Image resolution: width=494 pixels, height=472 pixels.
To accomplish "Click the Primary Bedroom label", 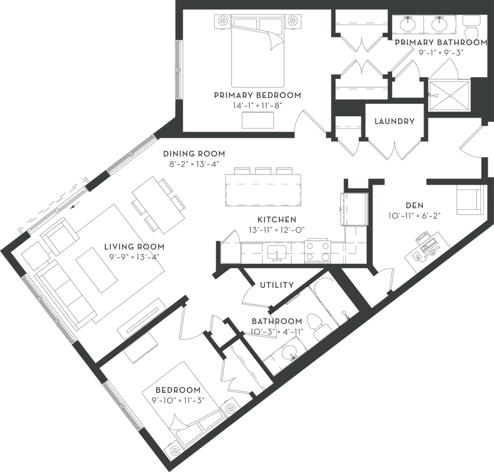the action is (x=258, y=95).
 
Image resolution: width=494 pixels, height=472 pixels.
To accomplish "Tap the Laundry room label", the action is (x=394, y=121).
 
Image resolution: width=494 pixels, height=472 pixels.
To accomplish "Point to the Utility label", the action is (x=276, y=285).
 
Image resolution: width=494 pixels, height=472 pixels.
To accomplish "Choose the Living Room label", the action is (x=134, y=246).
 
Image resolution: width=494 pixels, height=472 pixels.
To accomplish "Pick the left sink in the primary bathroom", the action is (x=409, y=23).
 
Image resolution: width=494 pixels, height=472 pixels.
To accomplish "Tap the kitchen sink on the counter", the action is (x=277, y=252).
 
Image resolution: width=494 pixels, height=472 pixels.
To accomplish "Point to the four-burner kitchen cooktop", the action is (x=316, y=249).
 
